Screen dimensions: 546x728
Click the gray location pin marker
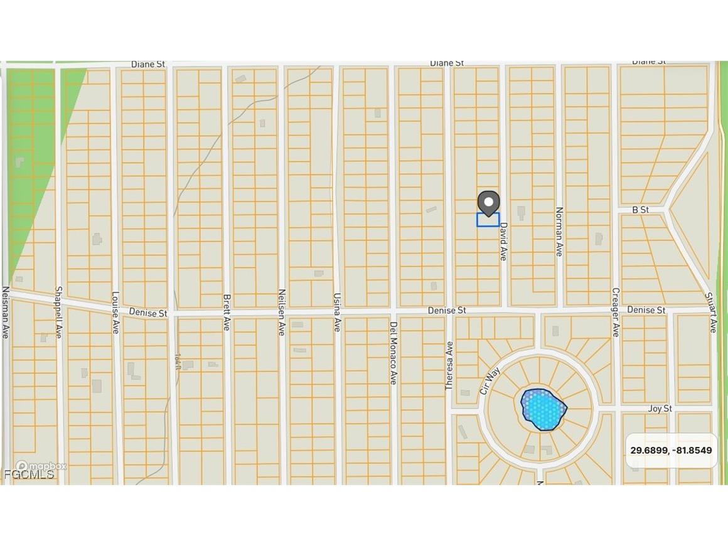488,202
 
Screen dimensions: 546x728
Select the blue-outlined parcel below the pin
488,220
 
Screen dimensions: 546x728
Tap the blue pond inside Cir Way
543,409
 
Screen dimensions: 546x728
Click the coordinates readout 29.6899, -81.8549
672,451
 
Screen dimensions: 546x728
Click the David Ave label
503,244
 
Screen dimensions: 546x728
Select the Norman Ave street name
559,232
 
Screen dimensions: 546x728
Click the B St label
640,210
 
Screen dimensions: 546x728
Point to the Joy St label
660,409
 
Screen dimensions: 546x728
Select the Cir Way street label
489,380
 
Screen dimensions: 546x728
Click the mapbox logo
40,466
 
